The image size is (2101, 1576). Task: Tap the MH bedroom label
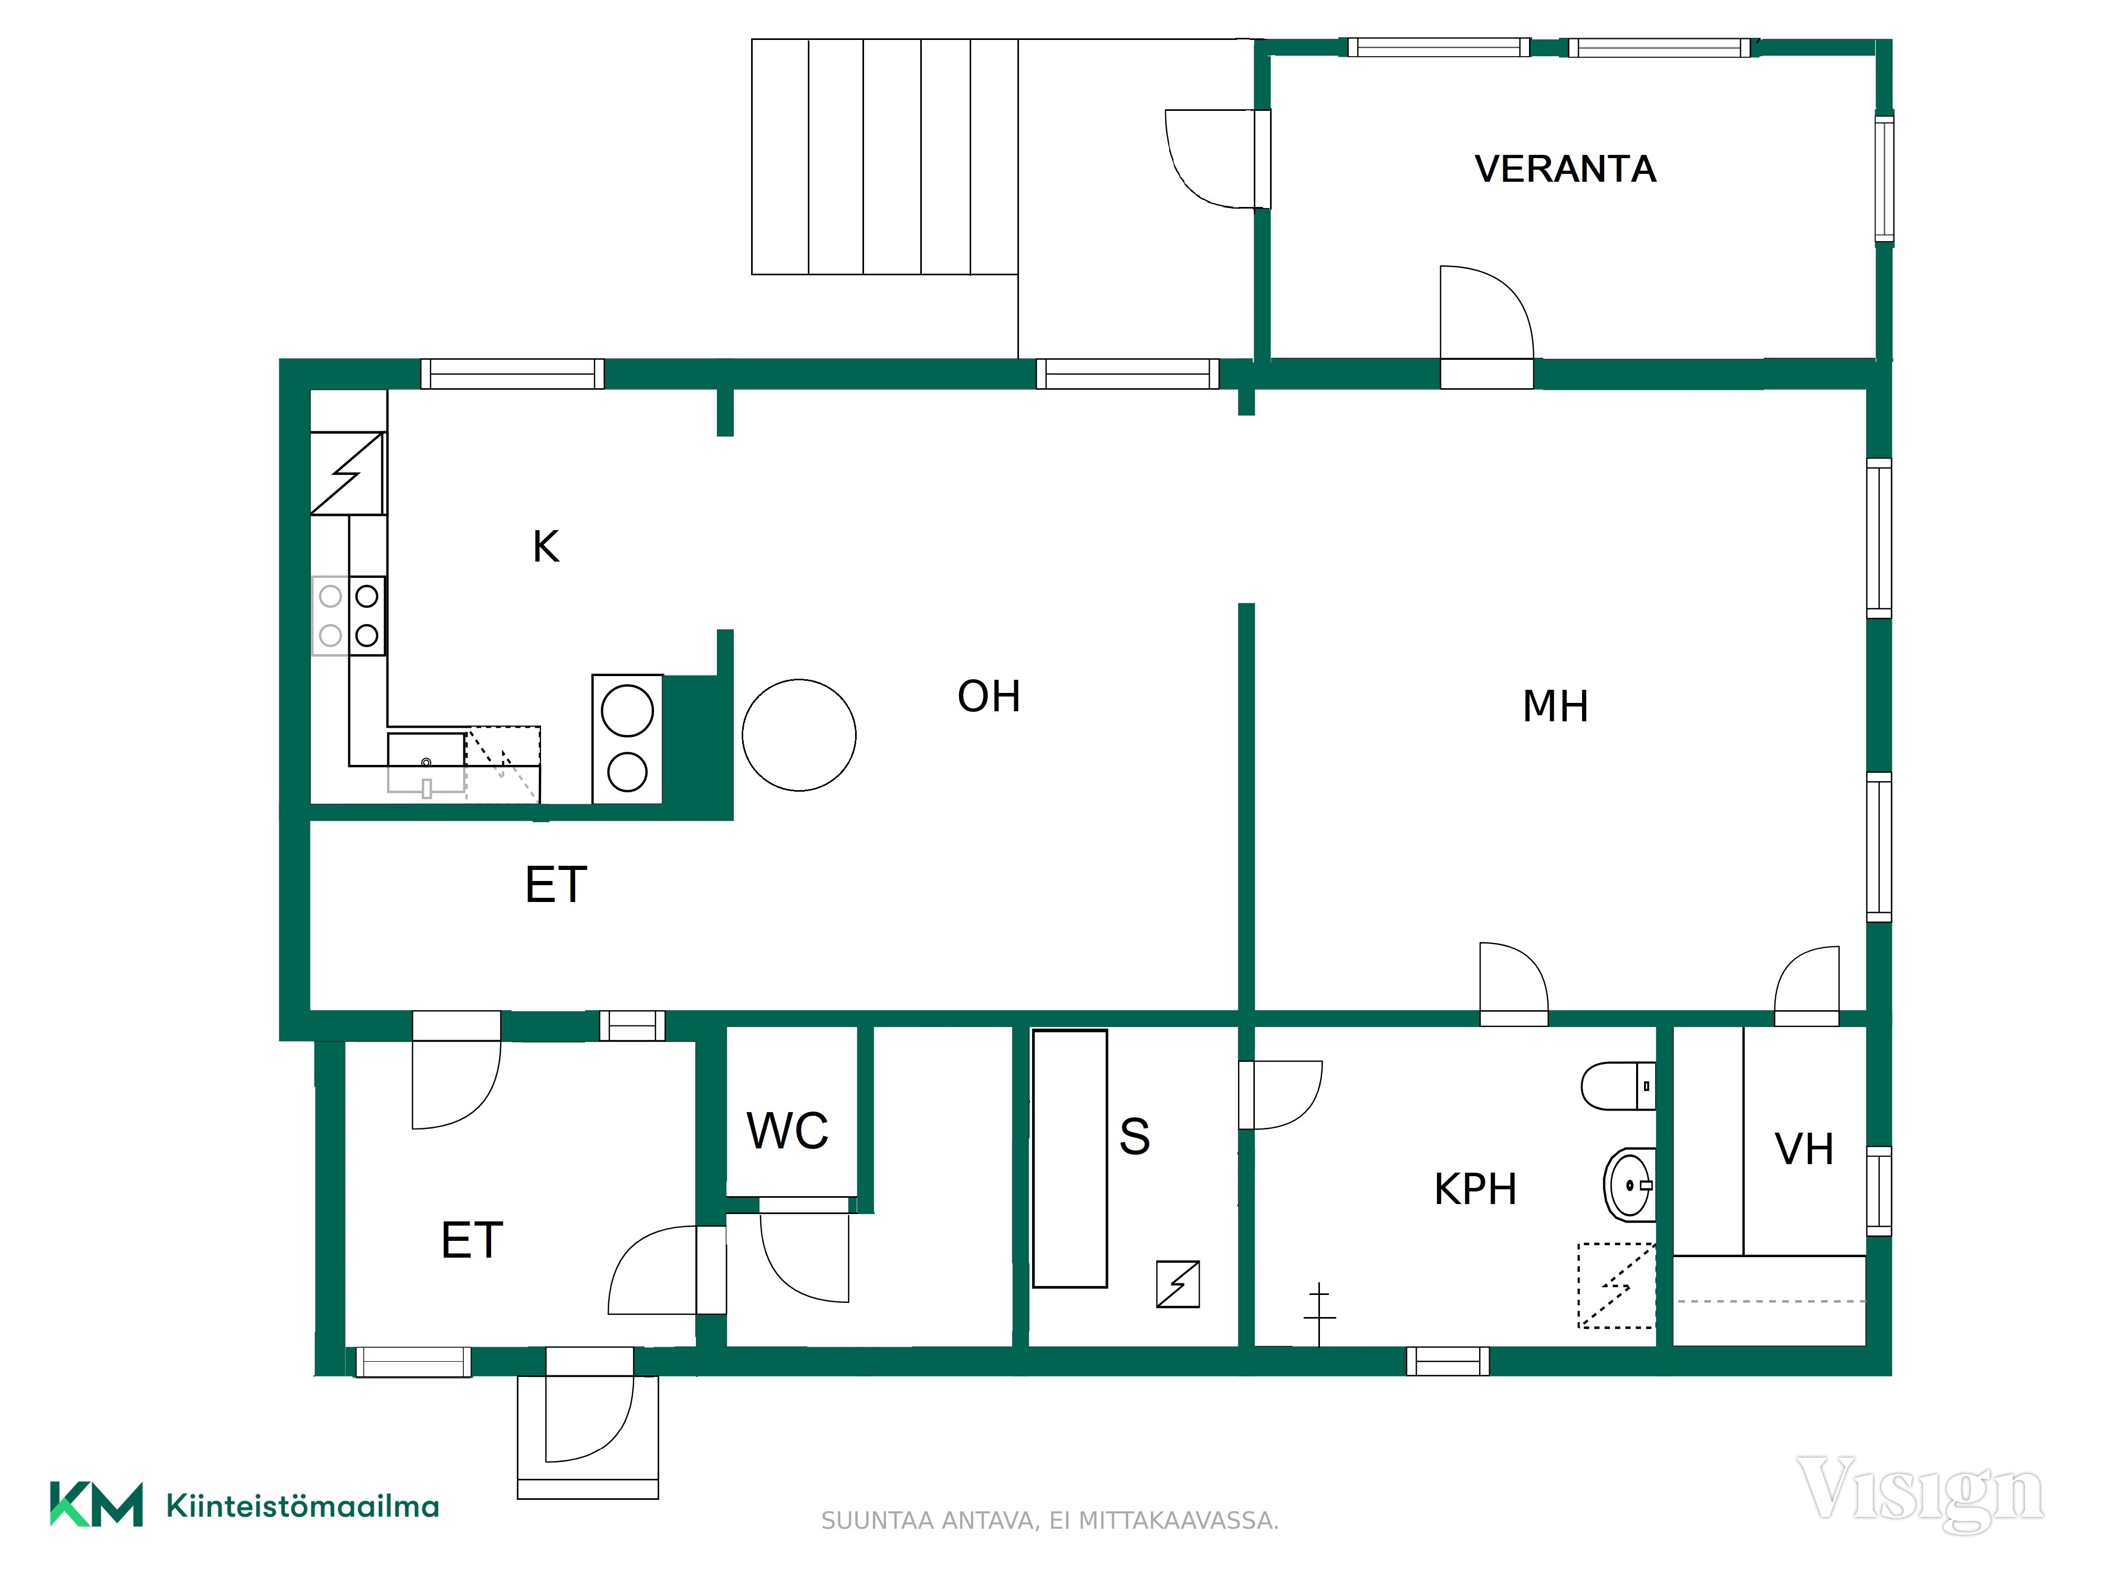(1555, 707)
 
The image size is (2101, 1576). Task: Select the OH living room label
(989, 696)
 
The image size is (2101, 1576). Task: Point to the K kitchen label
(546, 546)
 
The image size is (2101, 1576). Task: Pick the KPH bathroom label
(1475, 1188)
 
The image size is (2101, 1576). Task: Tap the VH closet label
(1804, 1149)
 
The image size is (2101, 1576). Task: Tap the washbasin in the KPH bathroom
(1629, 1185)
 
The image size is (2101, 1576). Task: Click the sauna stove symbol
(1178, 1284)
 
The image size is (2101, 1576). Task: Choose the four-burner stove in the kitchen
(349, 616)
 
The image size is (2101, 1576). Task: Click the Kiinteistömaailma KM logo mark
(96, 1504)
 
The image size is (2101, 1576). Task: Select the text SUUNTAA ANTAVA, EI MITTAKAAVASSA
(1049, 1521)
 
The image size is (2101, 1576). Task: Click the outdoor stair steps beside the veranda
(885, 157)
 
